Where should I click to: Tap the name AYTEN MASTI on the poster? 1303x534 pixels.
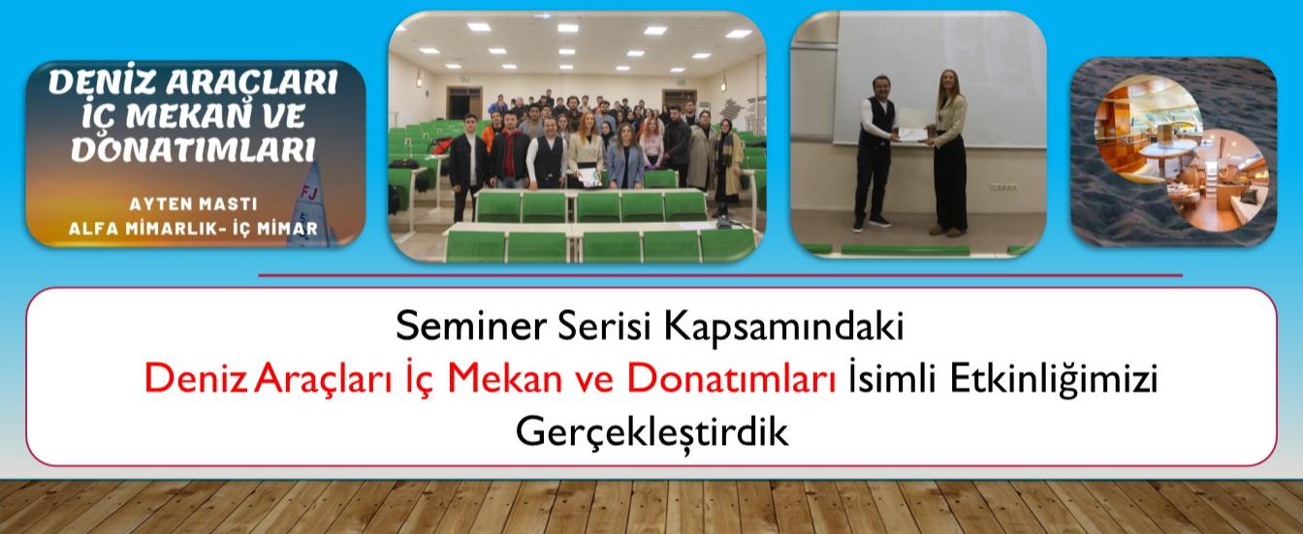[x=193, y=204]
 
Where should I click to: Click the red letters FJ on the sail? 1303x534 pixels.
[x=309, y=193]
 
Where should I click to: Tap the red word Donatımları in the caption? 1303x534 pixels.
[x=731, y=379]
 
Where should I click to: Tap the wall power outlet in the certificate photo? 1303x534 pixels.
[x=1003, y=187]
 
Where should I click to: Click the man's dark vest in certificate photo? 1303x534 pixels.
[x=877, y=123]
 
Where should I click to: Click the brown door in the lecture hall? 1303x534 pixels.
[x=464, y=103]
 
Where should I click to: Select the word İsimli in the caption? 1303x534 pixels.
[x=893, y=379]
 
